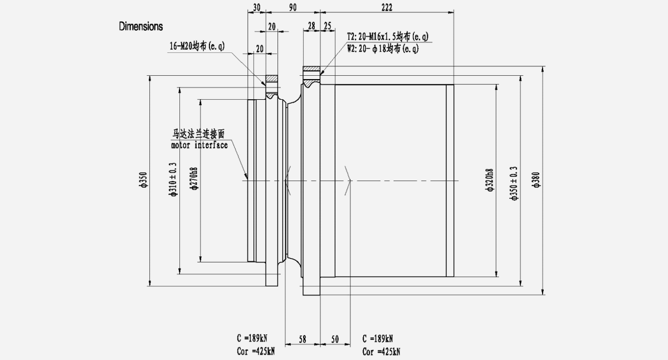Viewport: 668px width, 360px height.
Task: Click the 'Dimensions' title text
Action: click(x=141, y=26)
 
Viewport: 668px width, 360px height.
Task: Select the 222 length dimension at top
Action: click(x=387, y=7)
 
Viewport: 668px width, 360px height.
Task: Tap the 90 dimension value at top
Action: click(x=293, y=7)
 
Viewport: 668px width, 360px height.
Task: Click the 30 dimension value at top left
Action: click(x=256, y=7)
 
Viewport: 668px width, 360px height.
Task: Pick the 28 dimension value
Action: click(x=311, y=26)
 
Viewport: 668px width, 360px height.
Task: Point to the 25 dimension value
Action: click(x=327, y=26)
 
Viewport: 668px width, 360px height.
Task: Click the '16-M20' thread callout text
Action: click(x=197, y=46)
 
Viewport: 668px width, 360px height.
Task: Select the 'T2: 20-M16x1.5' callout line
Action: click(x=387, y=37)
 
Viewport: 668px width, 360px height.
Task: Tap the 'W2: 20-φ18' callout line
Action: click(x=383, y=48)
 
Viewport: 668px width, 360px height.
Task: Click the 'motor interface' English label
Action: click(x=199, y=145)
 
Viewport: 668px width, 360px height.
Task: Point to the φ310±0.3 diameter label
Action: click(x=173, y=179)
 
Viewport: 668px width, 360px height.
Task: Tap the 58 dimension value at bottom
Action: click(x=303, y=338)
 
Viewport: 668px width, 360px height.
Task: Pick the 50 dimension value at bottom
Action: click(x=335, y=338)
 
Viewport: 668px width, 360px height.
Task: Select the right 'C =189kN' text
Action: click(x=378, y=338)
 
